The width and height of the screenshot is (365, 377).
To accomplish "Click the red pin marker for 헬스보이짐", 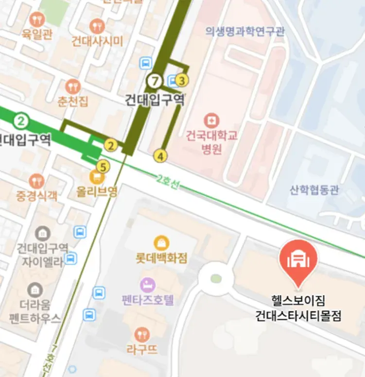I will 298,262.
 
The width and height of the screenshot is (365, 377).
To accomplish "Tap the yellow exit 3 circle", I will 182,80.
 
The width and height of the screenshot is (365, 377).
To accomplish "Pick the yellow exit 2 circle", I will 111,145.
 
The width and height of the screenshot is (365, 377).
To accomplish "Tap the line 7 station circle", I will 155,81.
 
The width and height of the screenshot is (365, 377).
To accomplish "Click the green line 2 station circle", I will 20,120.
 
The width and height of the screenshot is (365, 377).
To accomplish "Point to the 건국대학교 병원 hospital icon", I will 211,120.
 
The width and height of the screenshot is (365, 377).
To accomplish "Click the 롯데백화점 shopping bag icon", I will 161,242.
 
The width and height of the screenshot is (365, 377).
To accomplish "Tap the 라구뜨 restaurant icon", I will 142,334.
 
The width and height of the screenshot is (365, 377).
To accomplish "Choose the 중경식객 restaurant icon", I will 36,182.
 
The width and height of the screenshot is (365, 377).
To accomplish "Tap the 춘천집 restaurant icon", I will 72,87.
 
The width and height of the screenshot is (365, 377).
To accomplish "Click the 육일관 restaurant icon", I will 36,20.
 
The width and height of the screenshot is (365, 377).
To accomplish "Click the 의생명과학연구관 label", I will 245,32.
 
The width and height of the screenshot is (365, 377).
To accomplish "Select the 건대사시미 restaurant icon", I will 97,25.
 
